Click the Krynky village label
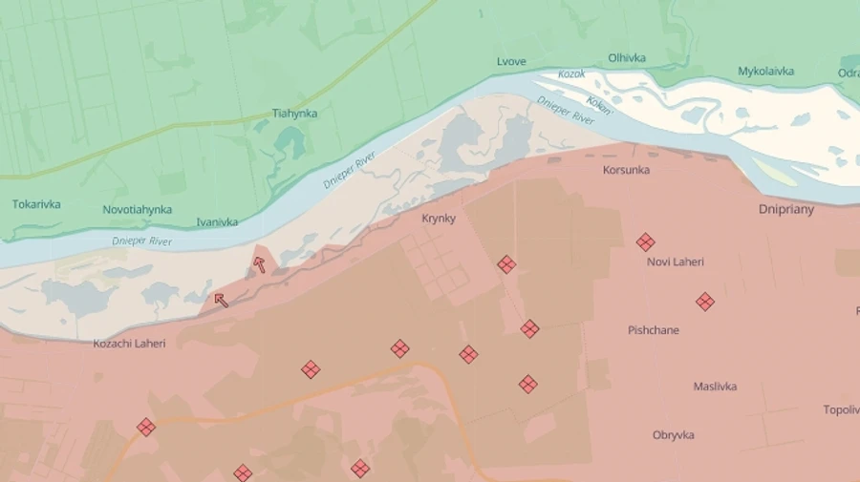(439, 219)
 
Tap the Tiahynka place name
(294, 114)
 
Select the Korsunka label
(626, 171)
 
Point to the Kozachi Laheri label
(129, 344)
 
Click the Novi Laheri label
(676, 262)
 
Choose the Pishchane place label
(654, 330)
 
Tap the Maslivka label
(715, 387)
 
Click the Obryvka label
(674, 435)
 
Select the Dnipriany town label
(786, 209)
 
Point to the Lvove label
(511, 62)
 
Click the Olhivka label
(627, 58)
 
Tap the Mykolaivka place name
(765, 72)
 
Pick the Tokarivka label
(36, 204)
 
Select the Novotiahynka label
(138, 210)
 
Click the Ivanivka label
(217, 222)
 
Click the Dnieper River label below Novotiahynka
(141, 241)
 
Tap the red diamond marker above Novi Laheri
(646, 242)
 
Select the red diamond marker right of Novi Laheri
(705, 302)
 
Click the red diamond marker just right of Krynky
(506, 264)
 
